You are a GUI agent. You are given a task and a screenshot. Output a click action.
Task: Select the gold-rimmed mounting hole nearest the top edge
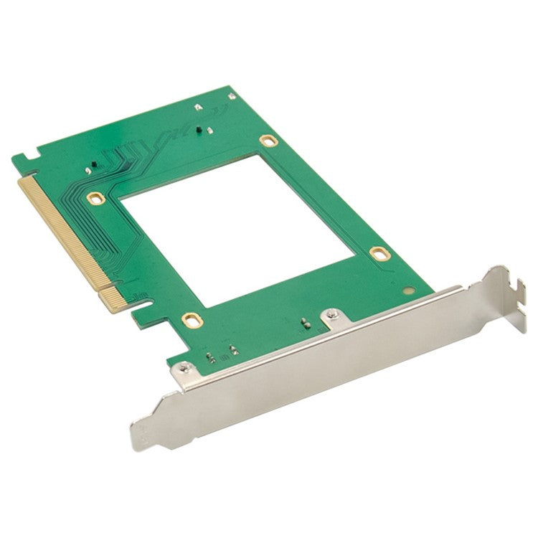267,141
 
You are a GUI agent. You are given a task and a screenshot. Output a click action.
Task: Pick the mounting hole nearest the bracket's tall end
378,253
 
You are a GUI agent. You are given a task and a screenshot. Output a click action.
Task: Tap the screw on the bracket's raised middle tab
331,313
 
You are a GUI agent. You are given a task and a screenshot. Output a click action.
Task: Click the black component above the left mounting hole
91,166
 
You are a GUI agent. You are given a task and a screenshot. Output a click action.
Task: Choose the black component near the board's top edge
208,130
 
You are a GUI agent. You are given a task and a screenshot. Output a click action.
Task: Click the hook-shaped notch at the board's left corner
24,155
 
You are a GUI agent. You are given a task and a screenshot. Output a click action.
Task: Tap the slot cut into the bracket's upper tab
510,291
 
